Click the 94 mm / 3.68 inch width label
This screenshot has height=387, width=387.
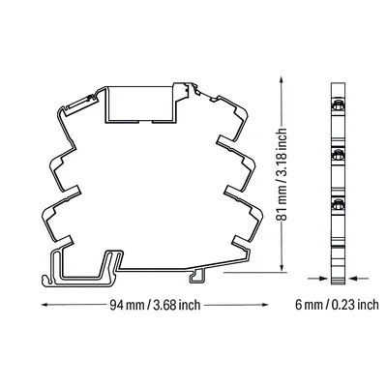click(x=155, y=305)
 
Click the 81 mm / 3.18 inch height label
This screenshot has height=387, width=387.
click(x=282, y=174)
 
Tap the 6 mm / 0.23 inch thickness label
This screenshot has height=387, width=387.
click(x=337, y=305)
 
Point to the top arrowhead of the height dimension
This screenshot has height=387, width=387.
click(x=282, y=80)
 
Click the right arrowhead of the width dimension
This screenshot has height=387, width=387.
click(x=264, y=305)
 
